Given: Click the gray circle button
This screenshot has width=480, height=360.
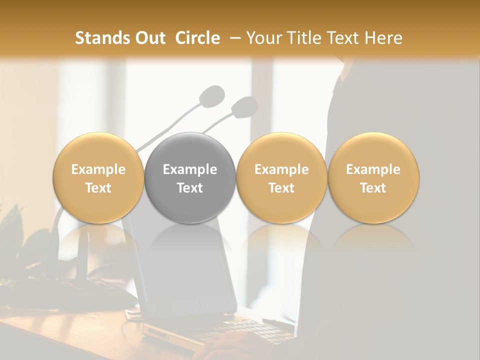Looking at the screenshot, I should click(x=190, y=177).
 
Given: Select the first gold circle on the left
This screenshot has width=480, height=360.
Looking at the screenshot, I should click(x=98, y=177).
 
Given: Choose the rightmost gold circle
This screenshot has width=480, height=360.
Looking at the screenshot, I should click(x=373, y=177).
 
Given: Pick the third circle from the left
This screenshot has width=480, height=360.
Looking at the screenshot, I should click(x=281, y=177).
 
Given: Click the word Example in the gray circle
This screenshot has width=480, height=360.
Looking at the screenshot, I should click(x=190, y=169).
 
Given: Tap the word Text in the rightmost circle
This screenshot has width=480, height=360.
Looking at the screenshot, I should click(x=373, y=188).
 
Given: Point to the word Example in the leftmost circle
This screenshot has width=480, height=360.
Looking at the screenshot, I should click(x=98, y=169).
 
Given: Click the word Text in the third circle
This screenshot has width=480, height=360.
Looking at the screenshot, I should click(x=281, y=188).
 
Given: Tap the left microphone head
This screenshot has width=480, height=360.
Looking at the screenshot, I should click(x=212, y=95).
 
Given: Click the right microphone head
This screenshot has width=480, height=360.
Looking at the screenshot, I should click(x=244, y=106).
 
